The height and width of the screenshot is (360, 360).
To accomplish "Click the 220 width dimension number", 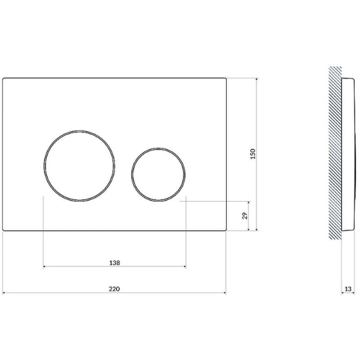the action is [x=114, y=289].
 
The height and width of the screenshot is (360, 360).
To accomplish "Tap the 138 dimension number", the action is [x=114, y=263].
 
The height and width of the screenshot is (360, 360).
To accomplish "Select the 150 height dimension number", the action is [x=252, y=154].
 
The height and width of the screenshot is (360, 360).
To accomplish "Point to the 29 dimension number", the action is [x=245, y=216].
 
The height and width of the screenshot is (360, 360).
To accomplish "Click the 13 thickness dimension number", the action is [x=348, y=289].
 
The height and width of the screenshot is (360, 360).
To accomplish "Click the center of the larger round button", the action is [x=79, y=166].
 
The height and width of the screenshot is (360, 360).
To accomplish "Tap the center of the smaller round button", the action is [x=158, y=175].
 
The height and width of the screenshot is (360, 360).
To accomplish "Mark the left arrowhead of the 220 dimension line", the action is [x=4, y=293].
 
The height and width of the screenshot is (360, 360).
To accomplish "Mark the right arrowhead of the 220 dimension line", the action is [x=225, y=293].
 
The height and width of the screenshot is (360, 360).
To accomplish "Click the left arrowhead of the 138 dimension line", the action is [x=45, y=266].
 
